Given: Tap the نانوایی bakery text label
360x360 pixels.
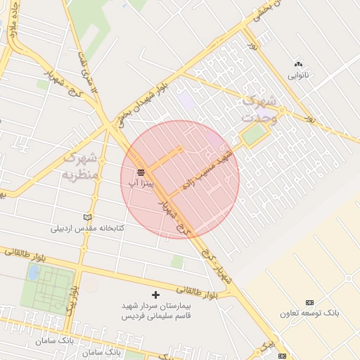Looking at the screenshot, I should pos(297,74).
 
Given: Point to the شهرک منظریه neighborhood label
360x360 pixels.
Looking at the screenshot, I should pos(79,166).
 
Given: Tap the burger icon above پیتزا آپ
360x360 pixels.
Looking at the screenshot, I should pos(141,172).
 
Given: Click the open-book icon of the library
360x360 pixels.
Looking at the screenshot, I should pos(87,217).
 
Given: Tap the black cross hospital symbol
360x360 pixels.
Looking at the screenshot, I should pos(155,295).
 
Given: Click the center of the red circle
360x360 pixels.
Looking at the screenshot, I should pos(180,179).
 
